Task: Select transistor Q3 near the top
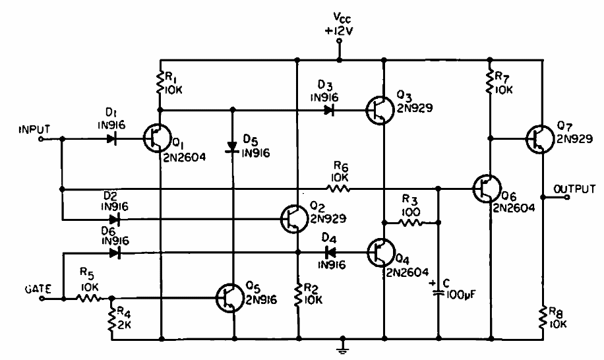coord(377,109)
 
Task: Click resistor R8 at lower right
coord(542,317)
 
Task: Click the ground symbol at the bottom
coord(342,345)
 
